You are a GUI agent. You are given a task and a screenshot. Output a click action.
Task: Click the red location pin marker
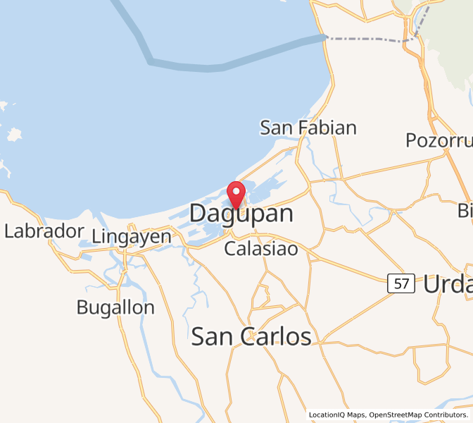pyautogui.click(x=236, y=192)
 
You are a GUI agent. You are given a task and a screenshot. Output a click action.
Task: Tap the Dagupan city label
pyautogui.click(x=241, y=213)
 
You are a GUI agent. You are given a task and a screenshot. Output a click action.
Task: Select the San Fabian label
pyautogui.click(x=308, y=128)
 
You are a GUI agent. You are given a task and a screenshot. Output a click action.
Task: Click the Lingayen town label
pyautogui.click(x=132, y=237)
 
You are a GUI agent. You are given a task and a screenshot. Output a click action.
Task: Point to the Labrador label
pyautogui.click(x=44, y=231)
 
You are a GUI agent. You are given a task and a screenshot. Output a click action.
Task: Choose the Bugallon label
pyautogui.click(x=115, y=307)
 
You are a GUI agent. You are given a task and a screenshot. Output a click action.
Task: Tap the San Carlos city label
pyautogui.click(x=251, y=337)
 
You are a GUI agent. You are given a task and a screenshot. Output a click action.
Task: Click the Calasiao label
pyautogui.click(x=260, y=249)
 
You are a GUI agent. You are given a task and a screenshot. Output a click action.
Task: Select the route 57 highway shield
pyautogui.click(x=401, y=284)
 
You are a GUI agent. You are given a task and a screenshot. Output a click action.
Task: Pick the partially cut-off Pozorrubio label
pyautogui.click(x=438, y=140)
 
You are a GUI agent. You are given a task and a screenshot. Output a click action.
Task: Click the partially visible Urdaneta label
pyautogui.click(x=447, y=284)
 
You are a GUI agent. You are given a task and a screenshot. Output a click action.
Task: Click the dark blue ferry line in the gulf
pyautogui.click(x=211, y=68)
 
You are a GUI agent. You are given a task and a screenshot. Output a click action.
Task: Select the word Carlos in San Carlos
pyautogui.click(x=277, y=337)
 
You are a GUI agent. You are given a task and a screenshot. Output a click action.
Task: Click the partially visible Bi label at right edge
pyautogui.click(x=465, y=210)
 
